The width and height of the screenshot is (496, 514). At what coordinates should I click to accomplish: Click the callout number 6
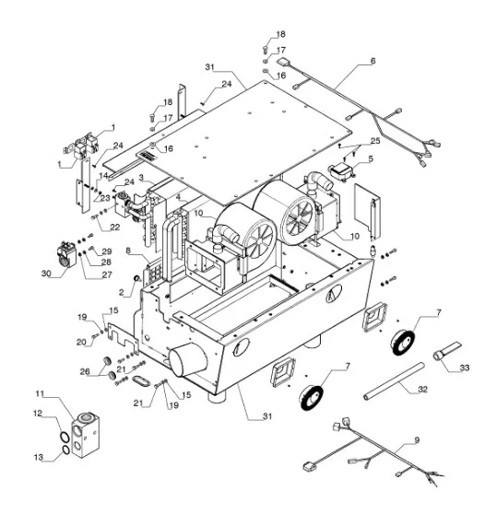tap(373, 61)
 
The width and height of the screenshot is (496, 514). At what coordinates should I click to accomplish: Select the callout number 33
tap(465, 368)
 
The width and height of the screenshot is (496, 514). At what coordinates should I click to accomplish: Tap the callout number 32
tap(423, 389)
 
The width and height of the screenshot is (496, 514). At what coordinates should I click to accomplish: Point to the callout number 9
tap(417, 440)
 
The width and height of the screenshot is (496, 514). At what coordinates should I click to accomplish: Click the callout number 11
tap(40, 393)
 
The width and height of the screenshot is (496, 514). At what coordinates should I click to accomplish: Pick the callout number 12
tap(38, 414)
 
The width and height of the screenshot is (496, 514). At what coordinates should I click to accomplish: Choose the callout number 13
tap(39, 457)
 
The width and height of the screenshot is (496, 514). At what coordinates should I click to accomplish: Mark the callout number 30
tap(46, 273)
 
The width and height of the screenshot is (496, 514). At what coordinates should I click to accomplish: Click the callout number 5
tap(371, 159)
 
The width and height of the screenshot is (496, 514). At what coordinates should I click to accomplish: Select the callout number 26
tap(85, 371)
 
